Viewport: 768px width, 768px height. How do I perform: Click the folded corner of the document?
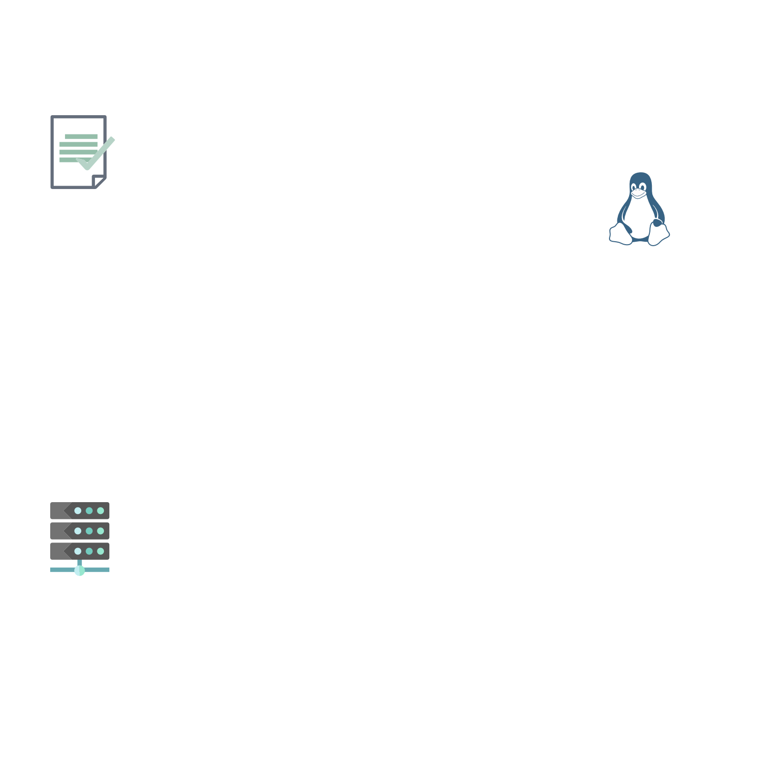point(99,181)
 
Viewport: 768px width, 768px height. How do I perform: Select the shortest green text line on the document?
point(81,136)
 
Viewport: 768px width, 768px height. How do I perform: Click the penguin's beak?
point(639,194)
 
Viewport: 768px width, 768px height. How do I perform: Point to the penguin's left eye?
point(635,187)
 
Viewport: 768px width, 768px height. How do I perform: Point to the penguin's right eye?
point(643,187)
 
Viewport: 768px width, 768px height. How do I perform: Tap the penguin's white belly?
point(639,217)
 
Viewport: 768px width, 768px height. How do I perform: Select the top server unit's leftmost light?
point(78,511)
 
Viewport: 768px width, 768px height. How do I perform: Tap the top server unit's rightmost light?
point(100,511)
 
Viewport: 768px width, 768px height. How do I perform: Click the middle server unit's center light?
point(89,531)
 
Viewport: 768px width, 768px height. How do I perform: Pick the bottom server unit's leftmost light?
point(78,551)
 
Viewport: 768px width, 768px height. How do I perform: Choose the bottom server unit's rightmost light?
point(100,551)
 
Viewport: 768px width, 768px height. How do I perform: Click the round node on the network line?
point(79,570)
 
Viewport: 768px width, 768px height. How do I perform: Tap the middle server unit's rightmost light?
point(100,531)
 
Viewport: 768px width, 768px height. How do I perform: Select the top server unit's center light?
point(89,511)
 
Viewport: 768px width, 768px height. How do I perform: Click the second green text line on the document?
point(78,144)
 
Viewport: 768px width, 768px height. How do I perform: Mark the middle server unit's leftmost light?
point(78,531)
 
